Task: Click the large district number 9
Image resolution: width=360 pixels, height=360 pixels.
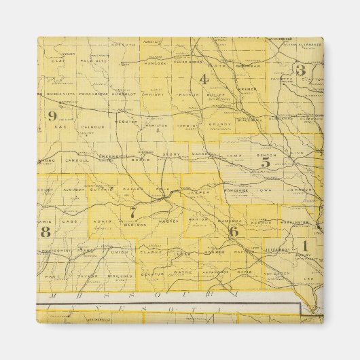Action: [x=52, y=115]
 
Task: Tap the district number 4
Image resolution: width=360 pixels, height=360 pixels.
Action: [x=203, y=79]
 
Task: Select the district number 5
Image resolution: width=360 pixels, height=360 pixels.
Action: [x=266, y=162]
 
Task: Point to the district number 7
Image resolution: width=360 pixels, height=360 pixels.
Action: [x=133, y=213]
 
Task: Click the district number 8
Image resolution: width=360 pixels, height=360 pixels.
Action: [x=46, y=232]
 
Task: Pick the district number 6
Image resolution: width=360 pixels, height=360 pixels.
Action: [x=233, y=231]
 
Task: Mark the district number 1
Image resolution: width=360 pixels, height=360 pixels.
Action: [x=305, y=245]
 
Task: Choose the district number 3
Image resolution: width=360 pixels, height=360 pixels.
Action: [x=300, y=70]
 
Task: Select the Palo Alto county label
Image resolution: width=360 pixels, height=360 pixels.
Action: [x=90, y=60]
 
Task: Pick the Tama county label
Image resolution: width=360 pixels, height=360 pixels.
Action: [x=234, y=155]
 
